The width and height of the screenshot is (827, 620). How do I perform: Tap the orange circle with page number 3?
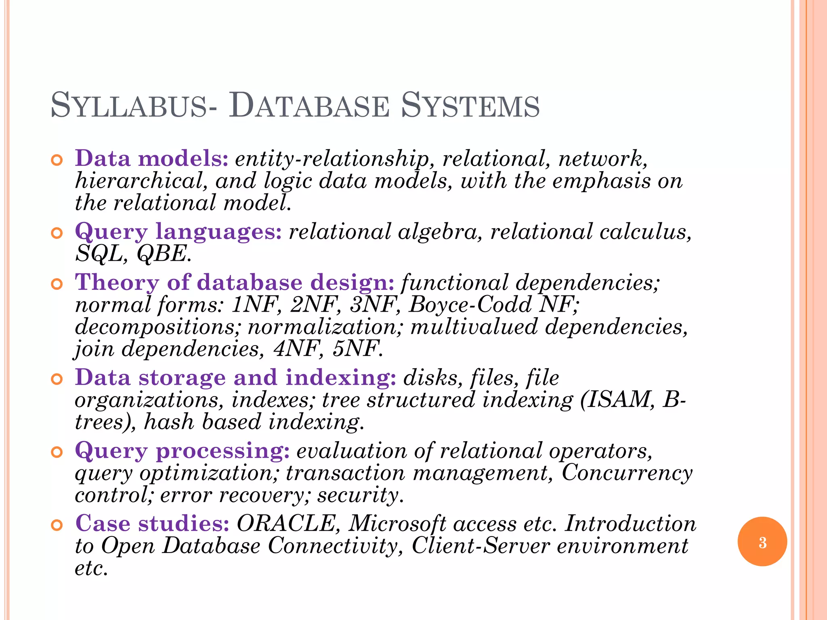tap(762, 542)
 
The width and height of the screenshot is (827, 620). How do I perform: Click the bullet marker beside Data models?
tap(57, 160)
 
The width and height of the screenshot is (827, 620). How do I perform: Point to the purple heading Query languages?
tap(178, 232)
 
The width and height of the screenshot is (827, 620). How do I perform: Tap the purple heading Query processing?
tap(182, 450)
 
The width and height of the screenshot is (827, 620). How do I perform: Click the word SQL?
tap(99, 254)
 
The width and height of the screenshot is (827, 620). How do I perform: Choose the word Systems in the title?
tap(470, 106)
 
